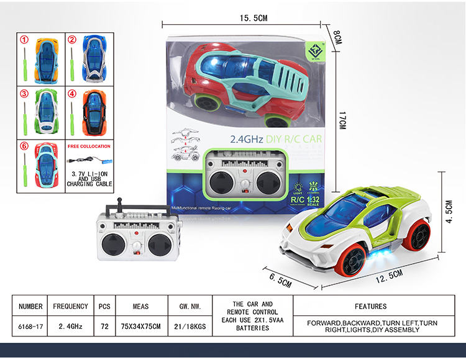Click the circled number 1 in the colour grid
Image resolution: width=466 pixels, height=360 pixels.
(x=24, y=40)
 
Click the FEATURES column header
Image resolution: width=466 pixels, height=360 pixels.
(x=370, y=306)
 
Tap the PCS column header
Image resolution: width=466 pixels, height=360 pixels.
(x=104, y=306)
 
